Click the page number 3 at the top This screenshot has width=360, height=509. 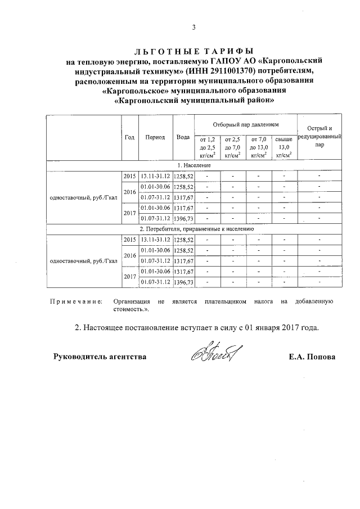click(193, 28)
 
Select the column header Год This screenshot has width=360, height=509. click(129, 137)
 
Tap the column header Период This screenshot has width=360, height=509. click(155, 137)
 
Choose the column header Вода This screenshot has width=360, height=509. click(182, 137)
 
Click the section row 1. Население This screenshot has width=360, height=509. click(193, 165)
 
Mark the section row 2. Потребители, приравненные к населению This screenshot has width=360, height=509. click(193, 229)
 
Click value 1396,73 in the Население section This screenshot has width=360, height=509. click(183, 218)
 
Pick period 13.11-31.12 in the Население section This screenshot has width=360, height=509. click(155, 176)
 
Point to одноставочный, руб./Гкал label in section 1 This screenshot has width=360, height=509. click(83, 197)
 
